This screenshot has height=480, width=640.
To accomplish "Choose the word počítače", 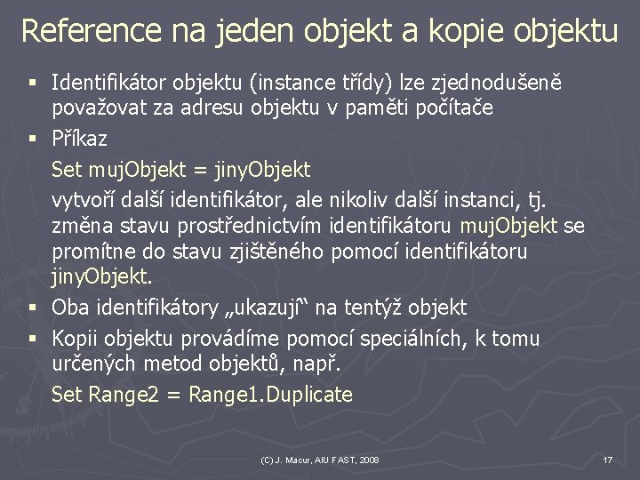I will (444, 108).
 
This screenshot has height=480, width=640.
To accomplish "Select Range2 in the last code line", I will (124, 395).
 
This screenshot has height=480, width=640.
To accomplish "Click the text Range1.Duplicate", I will (273, 395).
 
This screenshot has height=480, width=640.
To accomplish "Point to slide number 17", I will (607, 460).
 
